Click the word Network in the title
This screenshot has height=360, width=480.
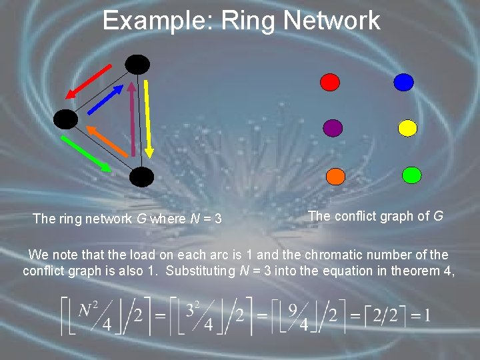click(331, 21)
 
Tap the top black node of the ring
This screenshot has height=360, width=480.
click(138, 64)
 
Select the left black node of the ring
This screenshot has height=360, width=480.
click(66, 119)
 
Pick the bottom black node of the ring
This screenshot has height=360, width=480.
click(141, 177)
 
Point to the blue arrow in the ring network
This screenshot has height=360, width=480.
click(103, 99)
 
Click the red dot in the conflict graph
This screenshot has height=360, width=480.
click(330, 82)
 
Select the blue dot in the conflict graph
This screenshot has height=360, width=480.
click(403, 82)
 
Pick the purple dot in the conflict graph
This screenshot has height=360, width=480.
click(333, 127)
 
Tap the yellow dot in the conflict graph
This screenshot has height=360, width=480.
click(407, 127)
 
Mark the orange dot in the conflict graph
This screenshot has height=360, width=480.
click(335, 176)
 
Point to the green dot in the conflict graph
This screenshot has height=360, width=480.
click(412, 175)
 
